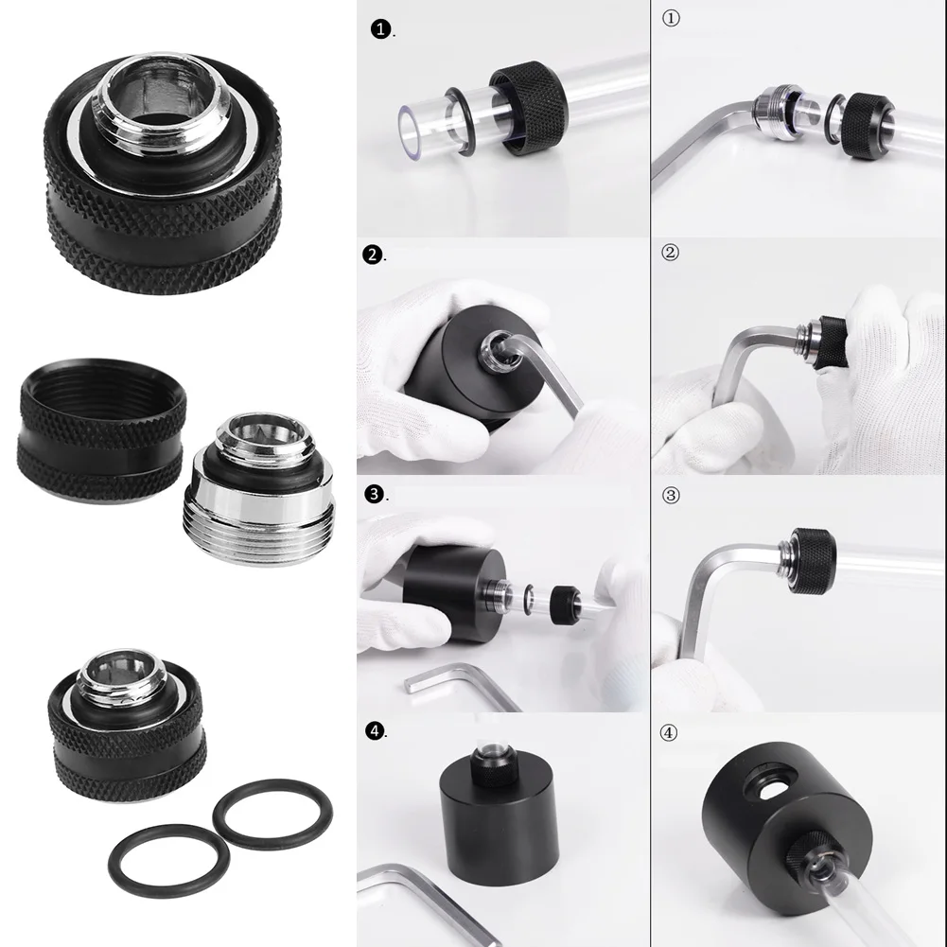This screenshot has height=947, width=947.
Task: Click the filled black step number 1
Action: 379,31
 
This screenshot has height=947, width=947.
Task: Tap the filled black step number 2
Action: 374,254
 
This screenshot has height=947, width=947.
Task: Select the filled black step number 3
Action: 375,494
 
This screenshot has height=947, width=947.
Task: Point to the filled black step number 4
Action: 375,730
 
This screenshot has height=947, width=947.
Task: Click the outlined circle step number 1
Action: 671,20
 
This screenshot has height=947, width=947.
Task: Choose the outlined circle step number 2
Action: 671,253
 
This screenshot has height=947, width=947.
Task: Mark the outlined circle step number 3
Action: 671,493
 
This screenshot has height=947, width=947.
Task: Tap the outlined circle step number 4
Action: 671,731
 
